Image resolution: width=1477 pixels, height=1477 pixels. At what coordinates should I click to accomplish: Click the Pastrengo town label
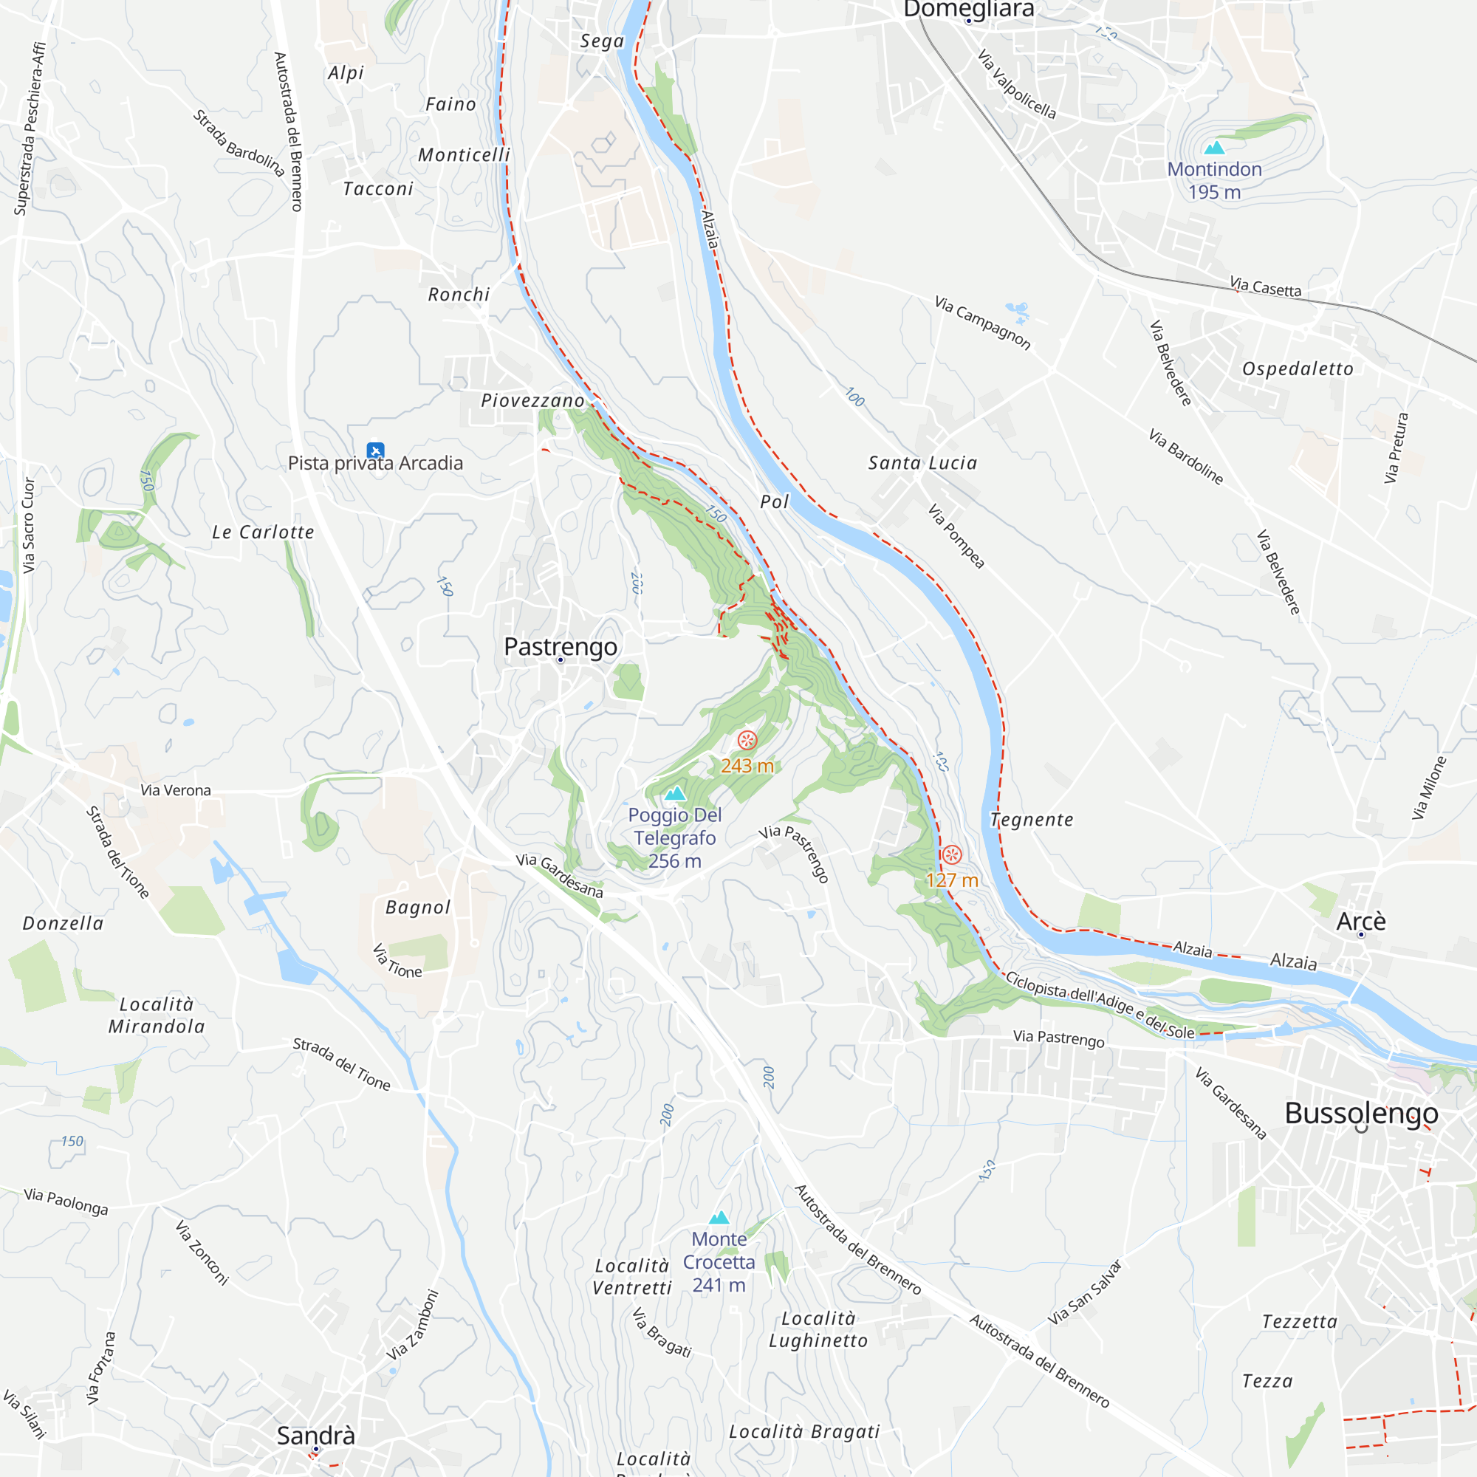(561, 647)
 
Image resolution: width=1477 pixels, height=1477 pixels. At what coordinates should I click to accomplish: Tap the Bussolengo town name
(1361, 1113)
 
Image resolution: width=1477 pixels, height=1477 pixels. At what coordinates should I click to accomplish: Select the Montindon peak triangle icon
(1214, 148)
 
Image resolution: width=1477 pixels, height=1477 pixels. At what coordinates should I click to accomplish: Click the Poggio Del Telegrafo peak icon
(674, 794)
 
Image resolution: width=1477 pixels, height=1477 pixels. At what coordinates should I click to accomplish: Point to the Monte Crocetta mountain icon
(719, 1218)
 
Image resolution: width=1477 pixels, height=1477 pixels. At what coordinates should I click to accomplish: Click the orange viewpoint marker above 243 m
(747, 739)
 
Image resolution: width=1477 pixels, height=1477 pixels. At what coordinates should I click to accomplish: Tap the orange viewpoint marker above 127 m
(951, 854)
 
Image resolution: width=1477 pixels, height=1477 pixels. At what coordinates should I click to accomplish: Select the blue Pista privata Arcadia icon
(374, 450)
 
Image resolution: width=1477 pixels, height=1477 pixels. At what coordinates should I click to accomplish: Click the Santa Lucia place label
(922, 462)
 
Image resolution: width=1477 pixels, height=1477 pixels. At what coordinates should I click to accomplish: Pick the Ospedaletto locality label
(1298, 369)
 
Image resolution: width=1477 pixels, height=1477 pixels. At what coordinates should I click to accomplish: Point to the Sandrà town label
(316, 1435)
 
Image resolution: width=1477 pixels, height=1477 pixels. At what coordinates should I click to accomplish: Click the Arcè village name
(1361, 920)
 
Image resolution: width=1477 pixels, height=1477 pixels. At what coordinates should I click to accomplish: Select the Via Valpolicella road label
(1017, 84)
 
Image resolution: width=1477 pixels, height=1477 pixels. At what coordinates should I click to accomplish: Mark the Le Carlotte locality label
(263, 532)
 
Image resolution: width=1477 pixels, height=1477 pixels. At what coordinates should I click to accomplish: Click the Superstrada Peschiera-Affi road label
(30, 128)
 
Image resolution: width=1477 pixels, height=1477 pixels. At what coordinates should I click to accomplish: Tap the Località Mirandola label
(157, 1015)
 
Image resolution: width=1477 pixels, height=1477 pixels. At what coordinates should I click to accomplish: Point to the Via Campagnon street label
(982, 323)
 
